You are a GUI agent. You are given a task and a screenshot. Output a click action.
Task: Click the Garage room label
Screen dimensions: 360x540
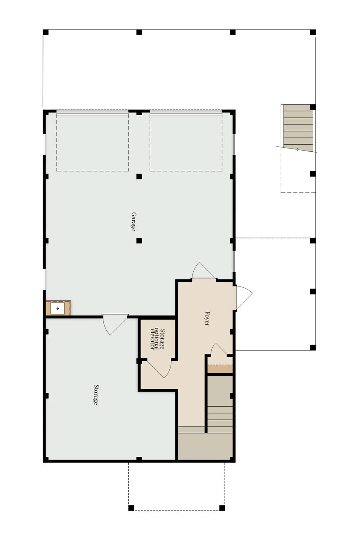[133, 221]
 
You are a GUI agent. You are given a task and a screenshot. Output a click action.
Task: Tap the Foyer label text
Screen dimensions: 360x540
[207, 319]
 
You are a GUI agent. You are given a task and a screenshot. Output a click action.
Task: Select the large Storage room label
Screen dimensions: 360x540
[96, 394]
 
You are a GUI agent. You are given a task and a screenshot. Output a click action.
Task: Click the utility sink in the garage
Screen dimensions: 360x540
[58, 308]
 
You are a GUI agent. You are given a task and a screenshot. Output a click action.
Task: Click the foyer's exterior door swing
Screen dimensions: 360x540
[244, 297]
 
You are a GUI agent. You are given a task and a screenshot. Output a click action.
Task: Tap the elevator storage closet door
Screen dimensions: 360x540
[159, 369]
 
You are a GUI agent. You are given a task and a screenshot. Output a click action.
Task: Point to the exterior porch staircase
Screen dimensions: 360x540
[298, 128]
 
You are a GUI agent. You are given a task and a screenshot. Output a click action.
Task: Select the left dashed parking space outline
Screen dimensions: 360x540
[92, 143]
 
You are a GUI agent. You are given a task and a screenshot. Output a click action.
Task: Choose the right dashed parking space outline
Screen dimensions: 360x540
[186, 143]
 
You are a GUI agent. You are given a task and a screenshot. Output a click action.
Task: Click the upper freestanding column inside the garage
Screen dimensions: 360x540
[139, 176]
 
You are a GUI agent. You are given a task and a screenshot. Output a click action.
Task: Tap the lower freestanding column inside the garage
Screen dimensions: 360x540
[139, 240]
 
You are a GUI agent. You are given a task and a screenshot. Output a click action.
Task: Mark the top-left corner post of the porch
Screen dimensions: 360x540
[46, 32]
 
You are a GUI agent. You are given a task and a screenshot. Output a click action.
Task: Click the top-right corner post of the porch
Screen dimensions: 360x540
[312, 32]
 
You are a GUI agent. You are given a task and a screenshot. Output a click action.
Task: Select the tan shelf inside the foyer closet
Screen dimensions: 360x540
[220, 369]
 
